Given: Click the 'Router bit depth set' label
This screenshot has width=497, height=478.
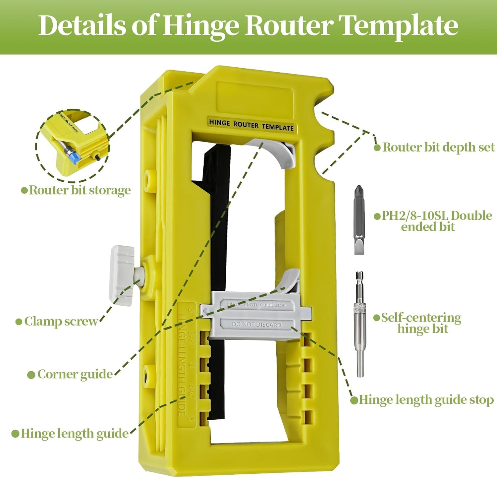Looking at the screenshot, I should coord(438,147).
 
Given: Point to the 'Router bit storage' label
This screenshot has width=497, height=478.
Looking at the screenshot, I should coord(80,190).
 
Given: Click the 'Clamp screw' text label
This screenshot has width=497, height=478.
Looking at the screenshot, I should coord(61,321).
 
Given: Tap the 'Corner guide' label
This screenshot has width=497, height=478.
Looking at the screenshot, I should coord(75,374).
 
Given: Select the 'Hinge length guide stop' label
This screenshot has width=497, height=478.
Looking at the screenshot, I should coord(426,400).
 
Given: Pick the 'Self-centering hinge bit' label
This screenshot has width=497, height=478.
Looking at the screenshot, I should coord(421,323).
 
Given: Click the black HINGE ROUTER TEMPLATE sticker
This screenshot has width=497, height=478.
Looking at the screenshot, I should coord(251,125).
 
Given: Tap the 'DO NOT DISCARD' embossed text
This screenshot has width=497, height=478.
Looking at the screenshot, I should coord(256,325).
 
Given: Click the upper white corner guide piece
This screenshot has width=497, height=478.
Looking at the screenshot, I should coord(282,153).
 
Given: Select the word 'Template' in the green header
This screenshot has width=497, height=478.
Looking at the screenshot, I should coord(399,26).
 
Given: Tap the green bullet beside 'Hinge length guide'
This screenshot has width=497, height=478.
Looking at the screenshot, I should coord(15,434).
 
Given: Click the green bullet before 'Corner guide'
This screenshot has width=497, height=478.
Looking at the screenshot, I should coord(31,375).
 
